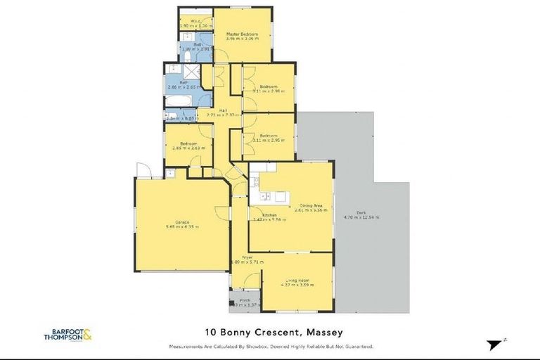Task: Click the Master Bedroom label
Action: pyautogui.click(x=242, y=34)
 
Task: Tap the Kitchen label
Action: pyautogui.click(x=269, y=214)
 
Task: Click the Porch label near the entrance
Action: pyautogui.click(x=245, y=300)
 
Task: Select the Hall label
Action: pyautogui.click(x=222, y=110)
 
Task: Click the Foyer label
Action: pyautogui.click(x=247, y=257)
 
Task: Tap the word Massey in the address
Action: pyautogui.click(x=326, y=332)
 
